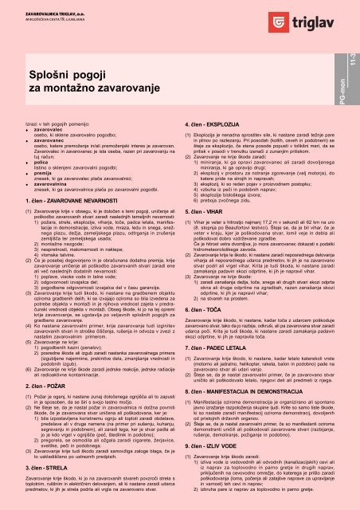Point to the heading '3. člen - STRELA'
click(39, 454)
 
